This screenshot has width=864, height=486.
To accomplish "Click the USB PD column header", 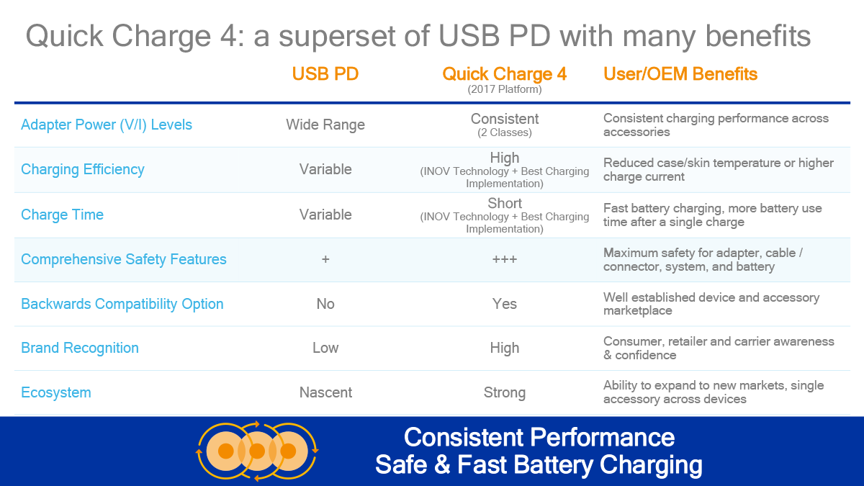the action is pyautogui.click(x=325, y=73).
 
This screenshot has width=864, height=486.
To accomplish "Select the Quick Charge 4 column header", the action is pyautogui.click(x=504, y=73).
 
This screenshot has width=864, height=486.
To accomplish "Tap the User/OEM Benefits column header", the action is pyautogui.click(x=680, y=73).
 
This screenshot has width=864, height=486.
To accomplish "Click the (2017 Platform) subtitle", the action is pyautogui.click(x=505, y=89).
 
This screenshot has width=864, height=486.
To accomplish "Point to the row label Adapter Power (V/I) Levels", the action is pyautogui.click(x=107, y=125).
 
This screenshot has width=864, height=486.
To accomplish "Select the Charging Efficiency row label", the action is pyautogui.click(x=83, y=169).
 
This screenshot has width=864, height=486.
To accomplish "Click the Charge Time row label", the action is pyautogui.click(x=62, y=215).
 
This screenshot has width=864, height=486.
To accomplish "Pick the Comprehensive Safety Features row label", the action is pyautogui.click(x=123, y=259).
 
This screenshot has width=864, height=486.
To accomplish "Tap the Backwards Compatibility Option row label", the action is pyautogui.click(x=122, y=304).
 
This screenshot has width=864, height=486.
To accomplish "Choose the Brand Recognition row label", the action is pyautogui.click(x=80, y=348).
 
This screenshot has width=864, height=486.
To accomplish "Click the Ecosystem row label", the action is pyautogui.click(x=56, y=392).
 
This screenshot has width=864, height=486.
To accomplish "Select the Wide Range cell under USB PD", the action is pyautogui.click(x=325, y=125).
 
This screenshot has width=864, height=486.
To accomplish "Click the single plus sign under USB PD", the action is pyautogui.click(x=325, y=259).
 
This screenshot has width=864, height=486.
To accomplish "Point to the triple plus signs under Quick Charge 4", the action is pyautogui.click(x=505, y=259).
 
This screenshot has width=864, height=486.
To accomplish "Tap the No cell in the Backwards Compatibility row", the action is pyautogui.click(x=325, y=304).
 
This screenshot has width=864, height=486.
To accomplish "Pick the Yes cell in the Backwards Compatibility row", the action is pyautogui.click(x=505, y=304).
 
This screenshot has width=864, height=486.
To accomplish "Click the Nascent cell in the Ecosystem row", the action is pyautogui.click(x=325, y=392).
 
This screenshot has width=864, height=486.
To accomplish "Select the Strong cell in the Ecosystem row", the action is pyautogui.click(x=505, y=392).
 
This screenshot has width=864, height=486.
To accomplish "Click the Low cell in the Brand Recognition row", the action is pyautogui.click(x=325, y=348).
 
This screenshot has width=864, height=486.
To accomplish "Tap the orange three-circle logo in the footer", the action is pyautogui.click(x=257, y=451).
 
